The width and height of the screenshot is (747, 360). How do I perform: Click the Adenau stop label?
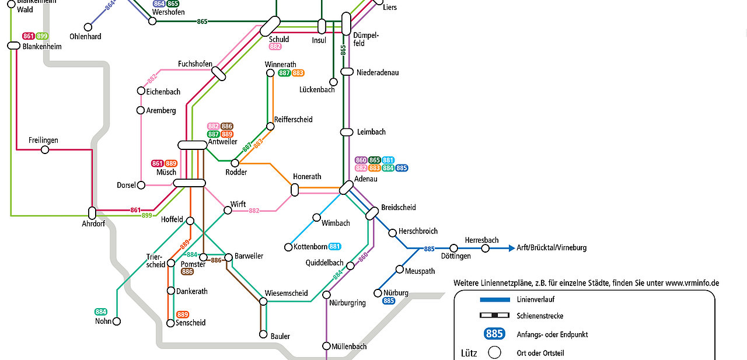coord(366,179)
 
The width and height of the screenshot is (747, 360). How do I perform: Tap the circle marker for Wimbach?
coord(316,218)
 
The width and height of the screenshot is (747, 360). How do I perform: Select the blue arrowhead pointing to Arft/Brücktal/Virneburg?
coord(512,248)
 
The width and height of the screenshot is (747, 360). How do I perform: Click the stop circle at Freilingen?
coord(45,150)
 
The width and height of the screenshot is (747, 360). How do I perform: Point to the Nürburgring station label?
coord(347,303)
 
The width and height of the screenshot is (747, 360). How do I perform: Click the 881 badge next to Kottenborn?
coord(334,247)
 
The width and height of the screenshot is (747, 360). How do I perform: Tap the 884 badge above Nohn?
coord(101,312)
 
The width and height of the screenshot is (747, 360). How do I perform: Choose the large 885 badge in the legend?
coord(494,334)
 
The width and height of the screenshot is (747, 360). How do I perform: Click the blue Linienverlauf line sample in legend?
coord(495,300)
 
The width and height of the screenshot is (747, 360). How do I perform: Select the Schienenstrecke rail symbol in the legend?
coord(494,315)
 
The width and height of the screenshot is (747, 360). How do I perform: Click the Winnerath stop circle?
coord(270,73)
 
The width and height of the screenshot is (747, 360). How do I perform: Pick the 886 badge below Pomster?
coord(187,272)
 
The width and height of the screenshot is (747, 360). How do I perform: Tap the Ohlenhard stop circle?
coord(88,27)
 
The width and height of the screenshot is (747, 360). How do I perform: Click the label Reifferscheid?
coord(293,120)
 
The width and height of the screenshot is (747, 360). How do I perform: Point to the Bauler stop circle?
coord(263,334)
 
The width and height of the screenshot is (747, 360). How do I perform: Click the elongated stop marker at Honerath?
coord(295,190)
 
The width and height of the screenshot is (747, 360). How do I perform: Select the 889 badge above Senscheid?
coord(183,314)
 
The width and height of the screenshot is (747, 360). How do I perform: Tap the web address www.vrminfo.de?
coord(692,284)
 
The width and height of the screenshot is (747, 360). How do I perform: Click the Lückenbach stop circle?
coord(333,82)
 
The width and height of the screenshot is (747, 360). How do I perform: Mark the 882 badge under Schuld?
coord(275,47)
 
